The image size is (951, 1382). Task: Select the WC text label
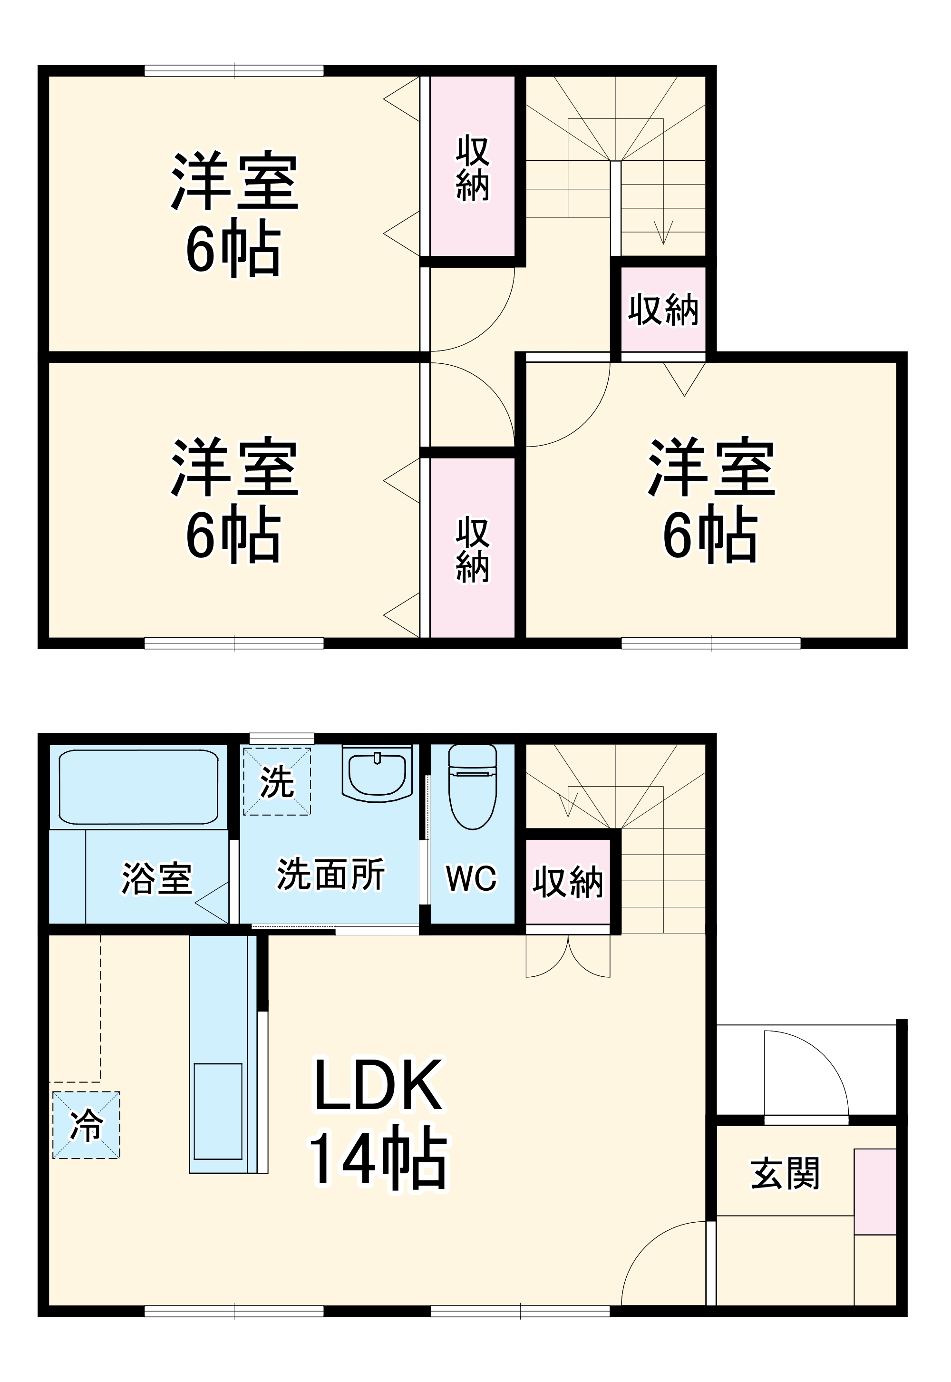(471, 878)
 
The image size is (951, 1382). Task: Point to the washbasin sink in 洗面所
(377, 774)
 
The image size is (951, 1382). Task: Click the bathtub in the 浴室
(139, 787)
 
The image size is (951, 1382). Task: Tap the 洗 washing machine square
(276, 781)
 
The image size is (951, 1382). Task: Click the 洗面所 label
(330, 874)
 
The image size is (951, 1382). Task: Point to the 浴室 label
(157, 878)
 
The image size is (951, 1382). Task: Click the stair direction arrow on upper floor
(663, 233)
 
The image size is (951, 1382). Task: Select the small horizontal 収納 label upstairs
(663, 310)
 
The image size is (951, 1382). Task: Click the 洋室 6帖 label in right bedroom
(711, 501)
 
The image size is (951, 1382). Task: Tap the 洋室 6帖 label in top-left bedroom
(234, 214)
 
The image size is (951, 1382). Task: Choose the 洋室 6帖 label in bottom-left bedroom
(234, 501)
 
